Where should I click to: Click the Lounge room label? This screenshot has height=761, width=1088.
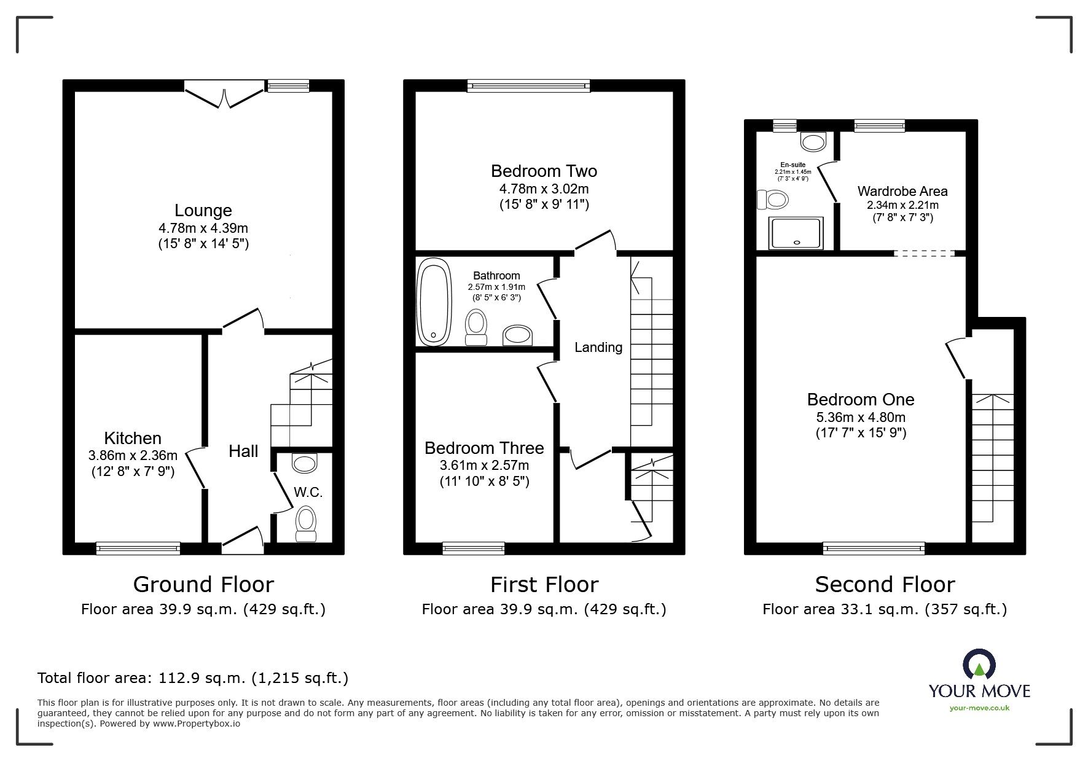click(203, 211)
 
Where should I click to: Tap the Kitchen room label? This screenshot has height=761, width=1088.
click(133, 438)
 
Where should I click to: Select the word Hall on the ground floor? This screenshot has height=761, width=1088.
click(243, 451)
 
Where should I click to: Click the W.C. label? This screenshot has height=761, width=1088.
click(308, 493)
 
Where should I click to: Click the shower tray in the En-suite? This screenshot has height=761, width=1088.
click(797, 233)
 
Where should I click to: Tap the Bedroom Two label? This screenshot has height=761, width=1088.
click(544, 171)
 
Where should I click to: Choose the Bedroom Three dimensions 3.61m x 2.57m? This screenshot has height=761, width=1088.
click(484, 466)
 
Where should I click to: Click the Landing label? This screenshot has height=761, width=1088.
click(598, 348)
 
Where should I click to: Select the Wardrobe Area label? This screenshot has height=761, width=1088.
click(902, 191)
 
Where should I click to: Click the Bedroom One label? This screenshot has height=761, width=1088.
click(861, 400)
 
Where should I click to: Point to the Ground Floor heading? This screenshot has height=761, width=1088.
click(203, 584)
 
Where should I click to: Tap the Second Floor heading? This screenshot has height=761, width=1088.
click(885, 584)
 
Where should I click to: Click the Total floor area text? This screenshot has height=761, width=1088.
click(193, 678)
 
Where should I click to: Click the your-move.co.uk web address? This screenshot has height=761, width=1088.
click(979, 708)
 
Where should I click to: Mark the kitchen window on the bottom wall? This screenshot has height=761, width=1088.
click(138, 548)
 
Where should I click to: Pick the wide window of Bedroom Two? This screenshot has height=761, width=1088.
click(528, 86)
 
